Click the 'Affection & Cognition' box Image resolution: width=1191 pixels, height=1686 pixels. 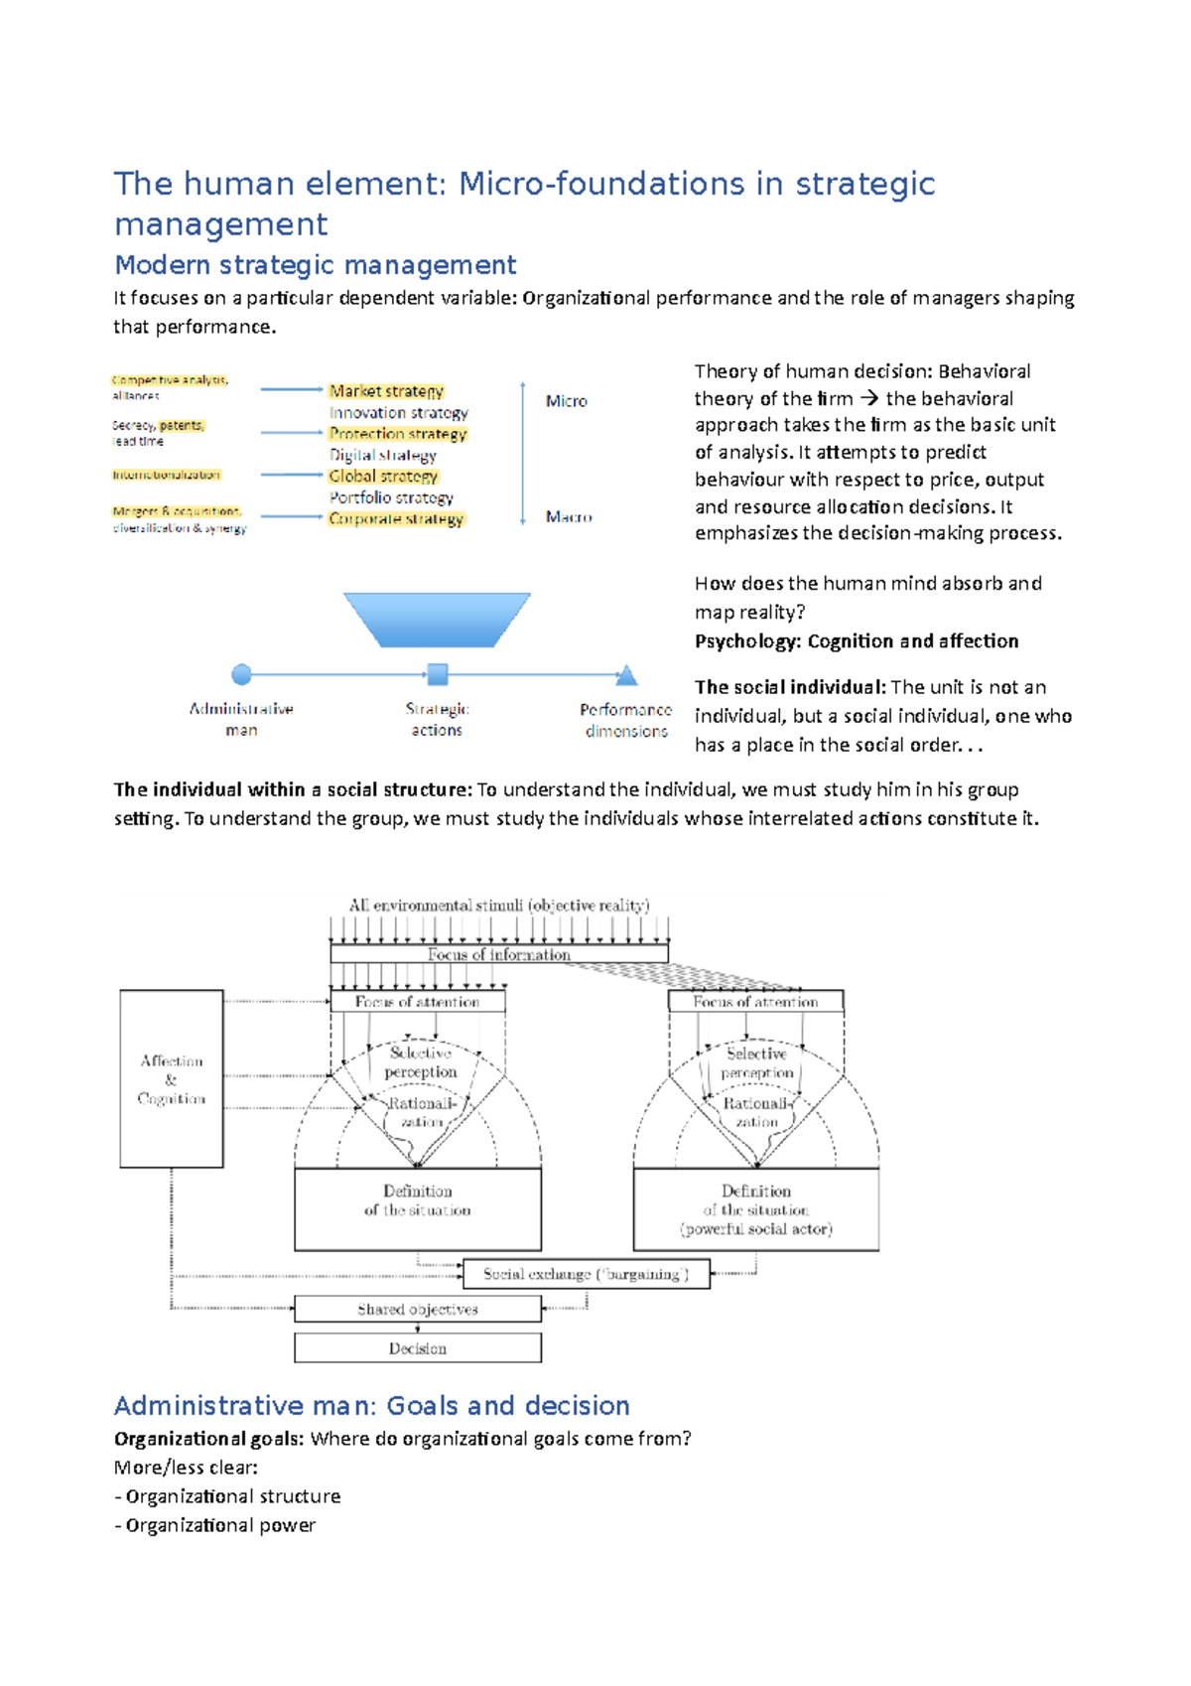pos(171,1078)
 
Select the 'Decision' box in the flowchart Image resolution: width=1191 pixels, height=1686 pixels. pos(418,1348)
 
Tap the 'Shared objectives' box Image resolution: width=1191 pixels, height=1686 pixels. pos(418,1310)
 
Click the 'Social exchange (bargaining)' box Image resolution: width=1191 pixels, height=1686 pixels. pos(586,1274)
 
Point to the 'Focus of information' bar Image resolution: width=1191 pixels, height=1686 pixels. pos(499,954)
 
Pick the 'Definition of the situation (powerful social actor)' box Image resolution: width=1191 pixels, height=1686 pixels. pos(756,1209)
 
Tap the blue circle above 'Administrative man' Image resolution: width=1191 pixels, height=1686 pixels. pos(241,675)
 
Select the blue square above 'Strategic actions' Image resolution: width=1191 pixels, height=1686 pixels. pos(437,675)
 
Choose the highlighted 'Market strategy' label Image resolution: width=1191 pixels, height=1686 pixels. pos(386,391)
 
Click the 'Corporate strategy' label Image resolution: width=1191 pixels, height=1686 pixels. pos(396,518)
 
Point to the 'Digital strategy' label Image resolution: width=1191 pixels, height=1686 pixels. pos(383,455)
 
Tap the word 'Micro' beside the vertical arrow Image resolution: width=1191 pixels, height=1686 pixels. pos(566,401)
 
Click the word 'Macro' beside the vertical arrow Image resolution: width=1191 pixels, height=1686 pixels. pos(569,517)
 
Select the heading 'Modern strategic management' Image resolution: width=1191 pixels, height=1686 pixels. pos(316,265)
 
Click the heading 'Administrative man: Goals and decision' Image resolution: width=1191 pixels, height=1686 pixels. pos(372,1406)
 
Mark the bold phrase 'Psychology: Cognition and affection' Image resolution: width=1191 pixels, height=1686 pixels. pos(857,641)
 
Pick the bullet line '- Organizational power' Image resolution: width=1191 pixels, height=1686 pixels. pos(215,1525)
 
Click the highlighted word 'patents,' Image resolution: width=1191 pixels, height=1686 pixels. pos(182,426)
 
